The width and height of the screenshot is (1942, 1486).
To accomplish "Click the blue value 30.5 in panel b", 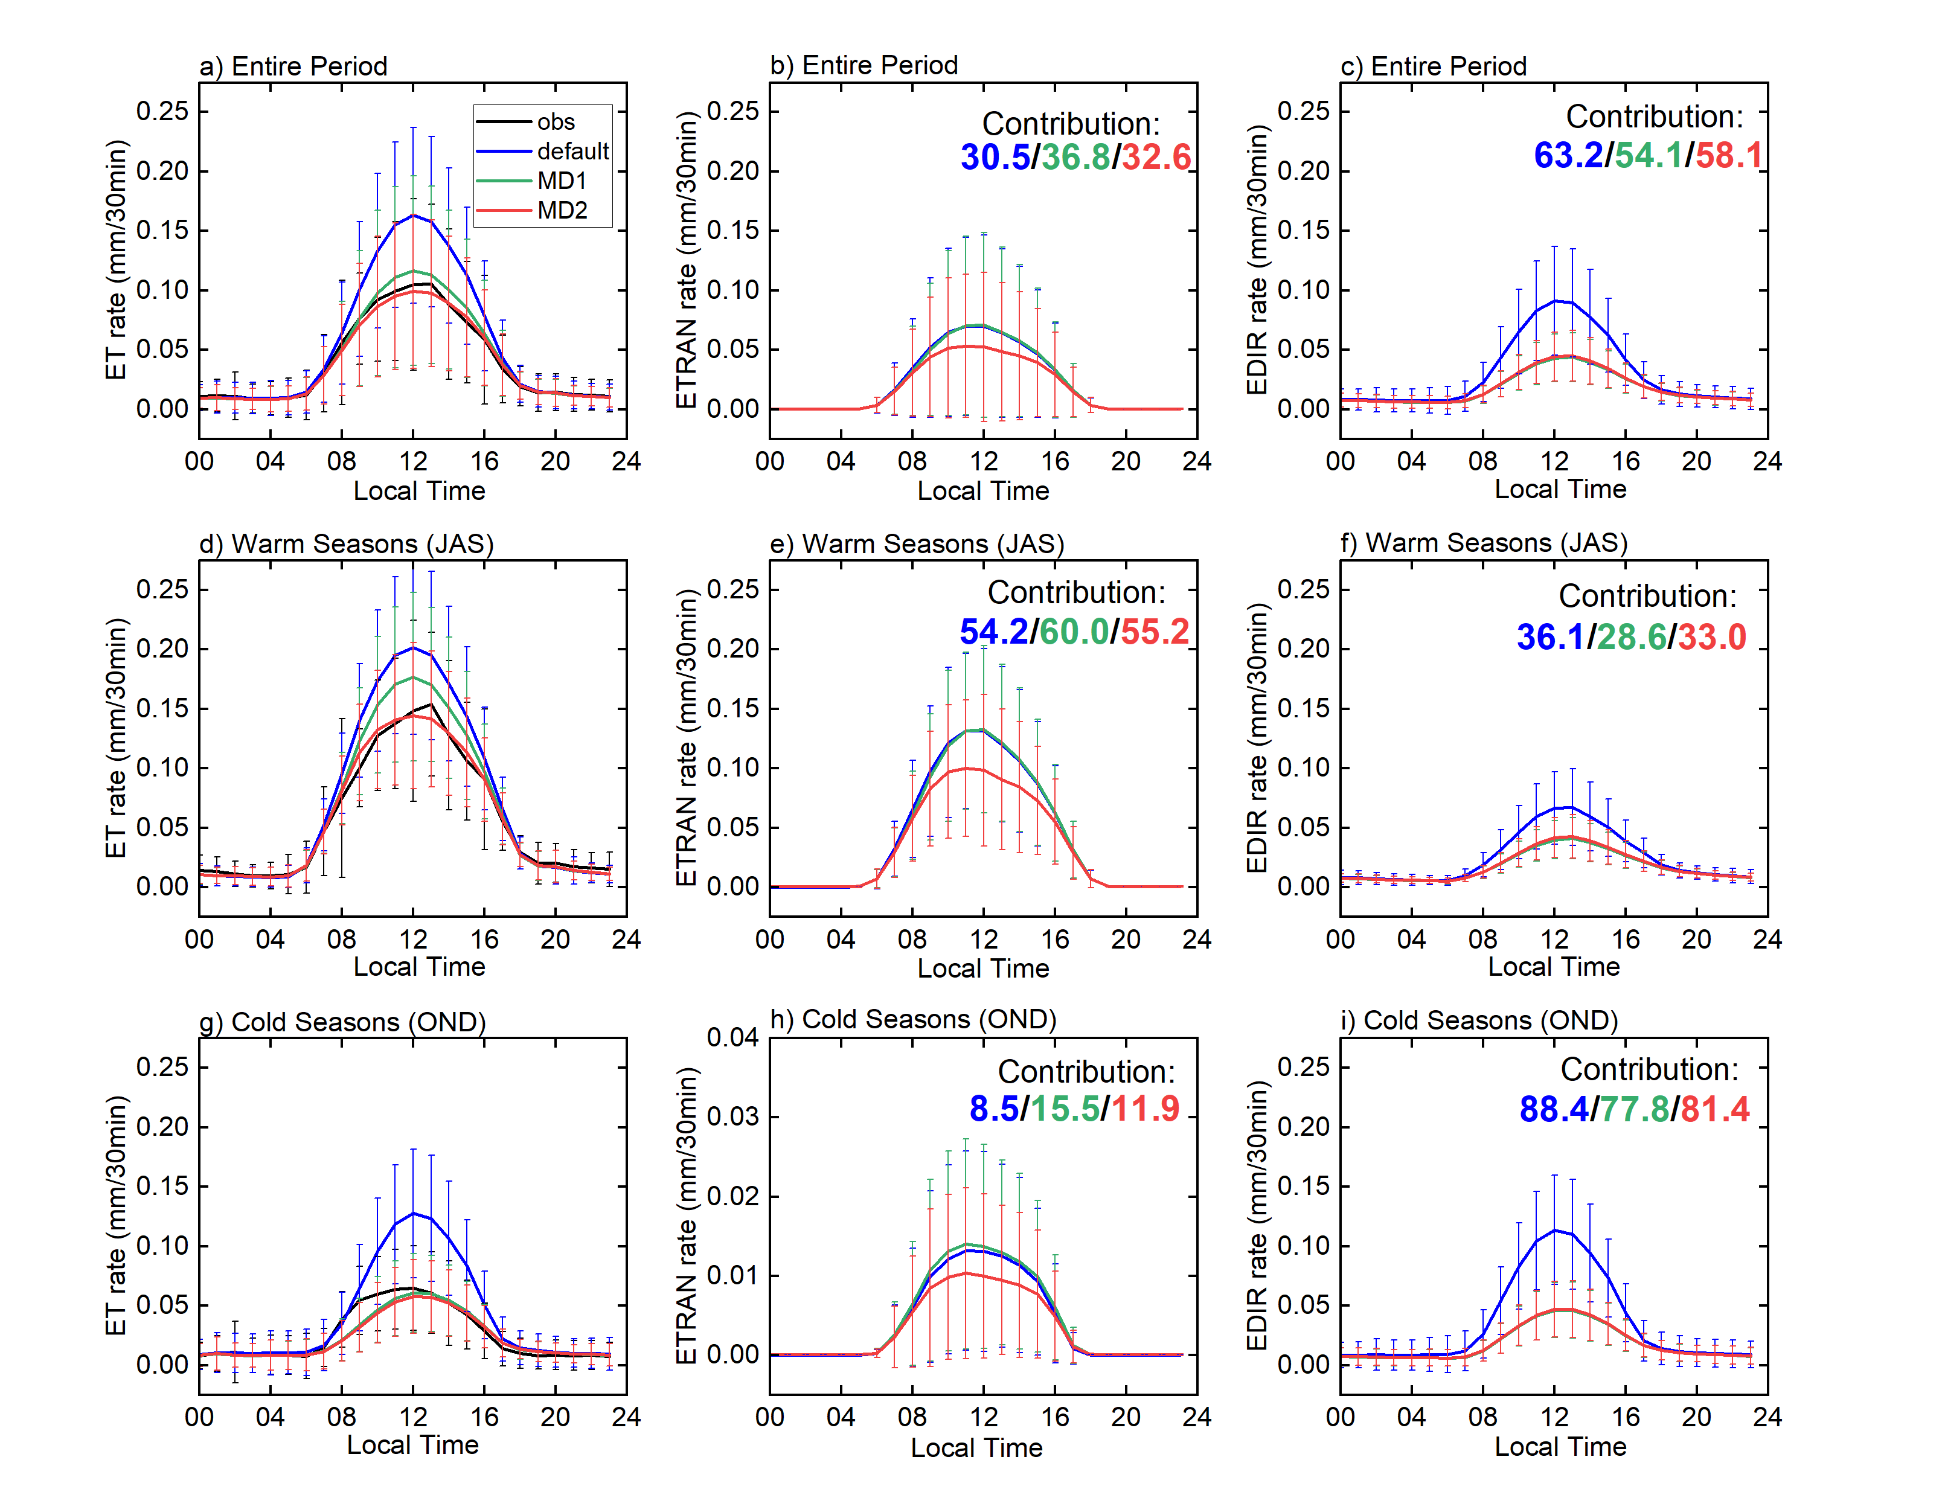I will pyautogui.click(x=995, y=158).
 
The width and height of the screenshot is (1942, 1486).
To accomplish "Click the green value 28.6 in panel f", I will pyautogui.click(x=1631, y=637).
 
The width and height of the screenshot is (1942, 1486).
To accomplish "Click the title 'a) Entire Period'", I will pyautogui.click(x=293, y=66).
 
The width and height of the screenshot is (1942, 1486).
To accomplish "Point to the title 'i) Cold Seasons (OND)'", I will pyautogui.click(x=1479, y=1020).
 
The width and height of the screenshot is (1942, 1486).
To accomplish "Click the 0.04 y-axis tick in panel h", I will pyautogui.click(x=732, y=1037).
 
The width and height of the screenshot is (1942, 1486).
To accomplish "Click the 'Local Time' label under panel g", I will pyautogui.click(x=412, y=1444).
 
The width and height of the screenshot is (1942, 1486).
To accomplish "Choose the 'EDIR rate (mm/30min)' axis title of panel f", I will pyautogui.click(x=1257, y=738).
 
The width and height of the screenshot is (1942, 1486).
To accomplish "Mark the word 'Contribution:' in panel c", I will pyautogui.click(x=1654, y=117).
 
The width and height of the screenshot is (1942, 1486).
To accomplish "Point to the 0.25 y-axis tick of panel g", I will pyautogui.click(x=162, y=1067).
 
